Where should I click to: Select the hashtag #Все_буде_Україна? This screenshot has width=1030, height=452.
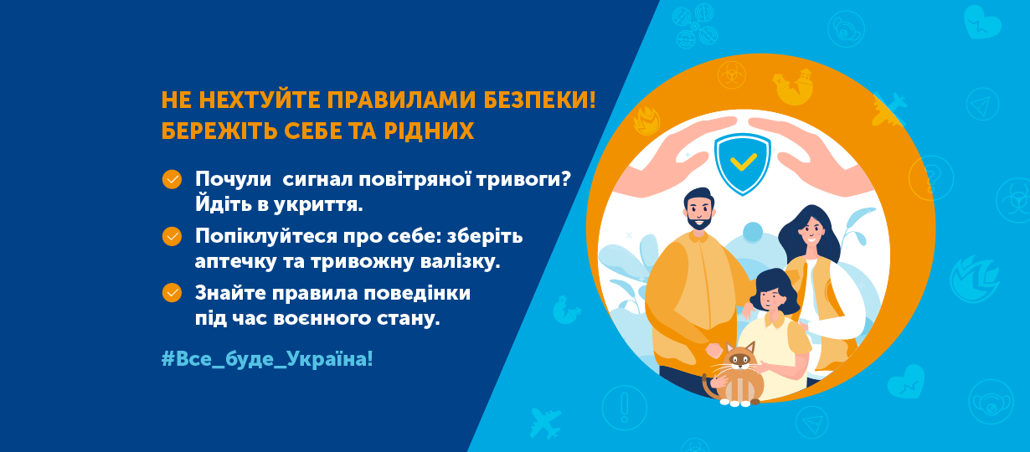tap(267, 359)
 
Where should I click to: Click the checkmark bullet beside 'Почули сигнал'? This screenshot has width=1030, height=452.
tap(172, 179)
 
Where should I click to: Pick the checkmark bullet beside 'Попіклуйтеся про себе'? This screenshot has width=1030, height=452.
tap(172, 236)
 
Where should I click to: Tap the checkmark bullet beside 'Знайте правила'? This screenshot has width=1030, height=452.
tap(172, 292)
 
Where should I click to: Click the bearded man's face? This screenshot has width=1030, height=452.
tap(698, 213)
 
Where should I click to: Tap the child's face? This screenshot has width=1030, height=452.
tap(770, 295)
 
